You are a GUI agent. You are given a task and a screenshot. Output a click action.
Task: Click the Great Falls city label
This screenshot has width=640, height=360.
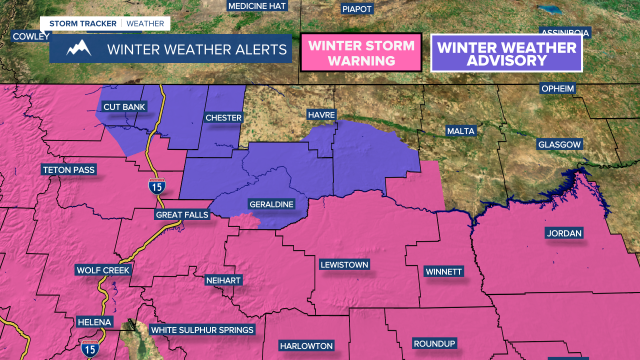point(182,215)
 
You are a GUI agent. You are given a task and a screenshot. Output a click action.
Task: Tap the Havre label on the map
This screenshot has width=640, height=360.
point(321,115)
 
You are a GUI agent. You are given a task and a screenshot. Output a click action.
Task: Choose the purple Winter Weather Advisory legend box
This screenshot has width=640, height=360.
point(506,53)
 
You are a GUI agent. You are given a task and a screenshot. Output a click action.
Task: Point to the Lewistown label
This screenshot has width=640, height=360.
point(344,265)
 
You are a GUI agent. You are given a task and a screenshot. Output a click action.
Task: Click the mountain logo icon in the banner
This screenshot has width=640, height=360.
point(78,48)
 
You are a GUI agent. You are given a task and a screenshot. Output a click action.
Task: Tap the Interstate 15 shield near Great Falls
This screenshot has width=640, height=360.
point(157,186)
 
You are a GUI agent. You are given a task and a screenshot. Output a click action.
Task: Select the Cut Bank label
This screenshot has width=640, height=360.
point(124,107)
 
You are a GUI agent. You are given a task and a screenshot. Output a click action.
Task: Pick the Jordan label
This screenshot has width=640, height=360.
point(564,233)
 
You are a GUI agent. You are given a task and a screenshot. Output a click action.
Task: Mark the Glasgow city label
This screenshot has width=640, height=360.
point(559,145)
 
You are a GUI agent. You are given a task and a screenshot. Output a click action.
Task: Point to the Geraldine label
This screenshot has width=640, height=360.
point(271,204)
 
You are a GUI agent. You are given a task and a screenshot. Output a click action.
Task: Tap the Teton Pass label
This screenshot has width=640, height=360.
point(69,170)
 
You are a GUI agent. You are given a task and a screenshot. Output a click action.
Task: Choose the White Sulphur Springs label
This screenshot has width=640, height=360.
point(202,330)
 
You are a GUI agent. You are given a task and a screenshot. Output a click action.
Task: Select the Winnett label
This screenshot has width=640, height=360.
point(444,272)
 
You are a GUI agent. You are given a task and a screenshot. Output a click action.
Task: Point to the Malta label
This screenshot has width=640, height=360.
point(461,131)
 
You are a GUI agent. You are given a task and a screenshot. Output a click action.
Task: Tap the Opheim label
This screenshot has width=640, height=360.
point(558,89)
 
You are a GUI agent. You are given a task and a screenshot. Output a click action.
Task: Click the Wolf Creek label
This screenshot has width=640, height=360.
point(103,270)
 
